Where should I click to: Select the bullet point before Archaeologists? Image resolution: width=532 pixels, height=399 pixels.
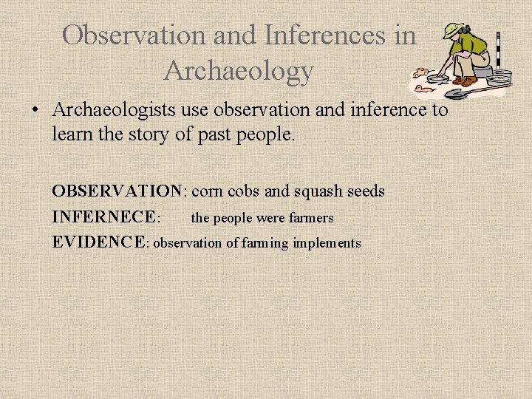(35, 111)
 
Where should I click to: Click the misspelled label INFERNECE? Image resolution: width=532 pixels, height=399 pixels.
(105, 217)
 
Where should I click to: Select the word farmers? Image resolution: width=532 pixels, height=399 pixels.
(310, 218)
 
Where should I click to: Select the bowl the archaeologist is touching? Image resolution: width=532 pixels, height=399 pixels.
(438, 78)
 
